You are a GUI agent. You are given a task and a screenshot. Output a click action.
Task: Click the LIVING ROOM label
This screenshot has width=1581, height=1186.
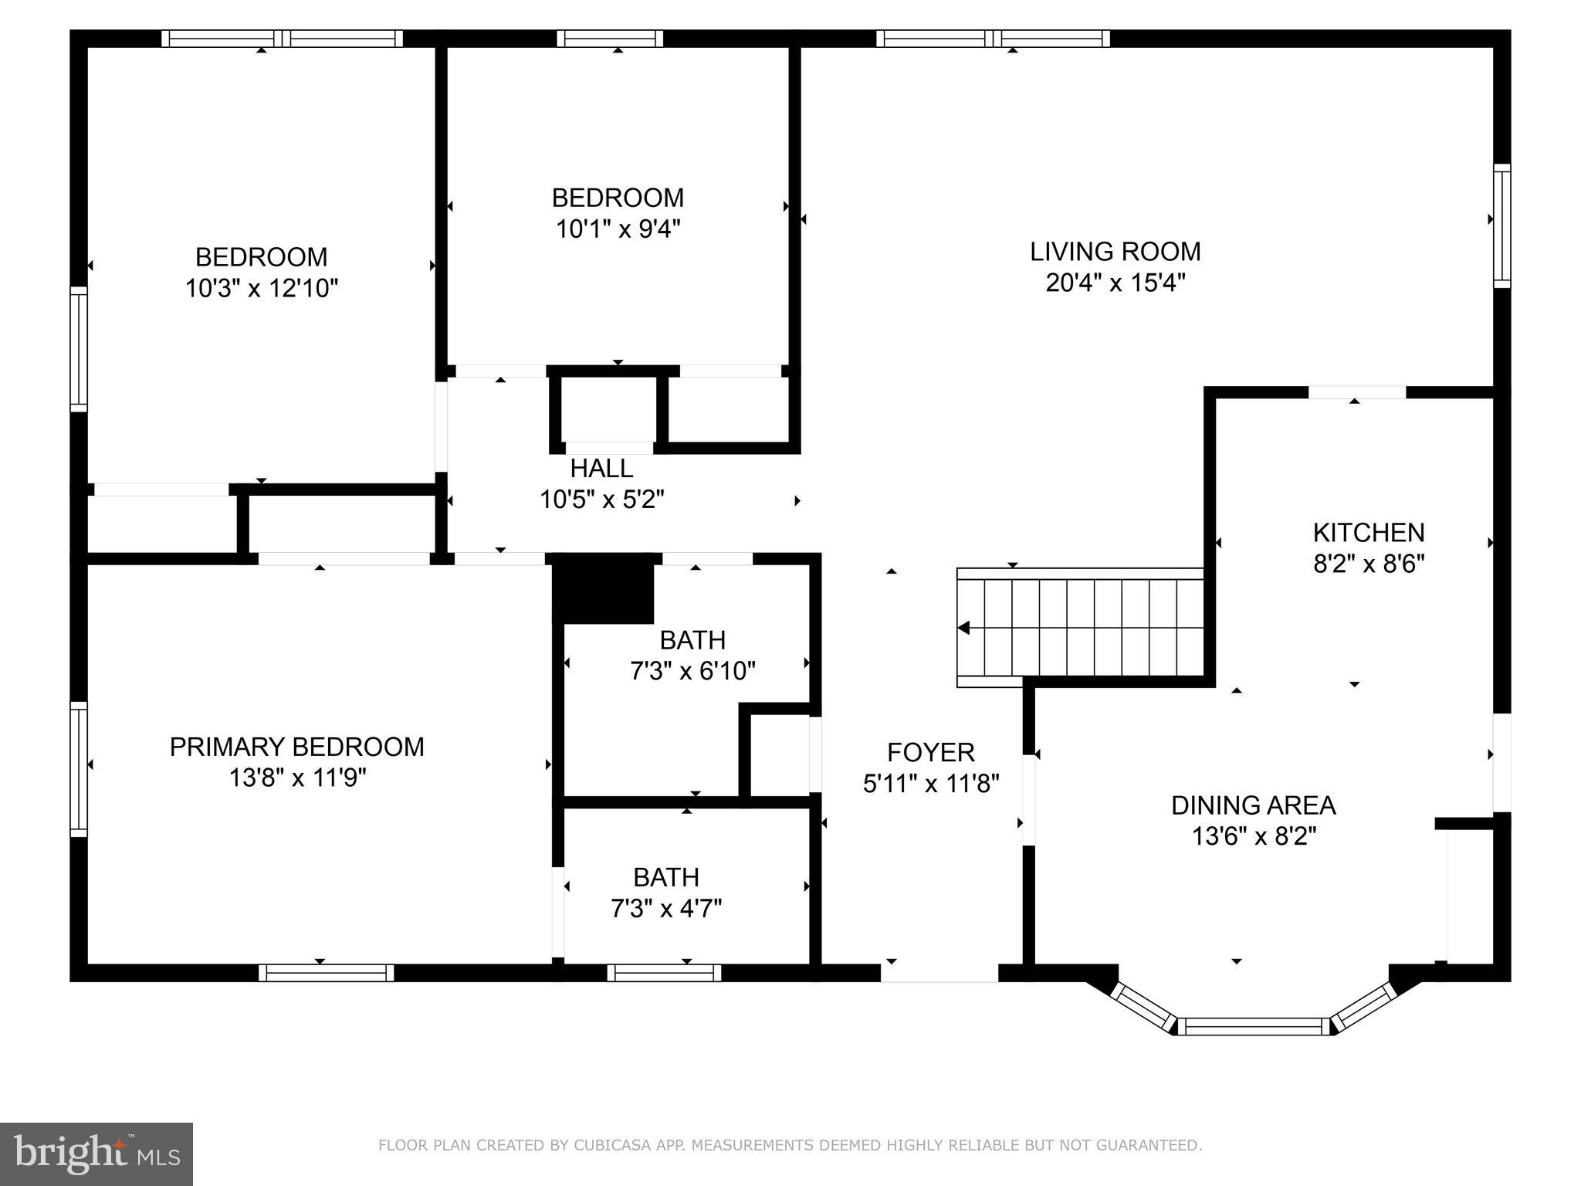(1115, 252)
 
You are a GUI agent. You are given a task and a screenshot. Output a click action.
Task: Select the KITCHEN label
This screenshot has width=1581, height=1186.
(1368, 533)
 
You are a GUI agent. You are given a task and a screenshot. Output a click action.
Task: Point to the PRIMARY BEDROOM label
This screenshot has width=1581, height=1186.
(296, 747)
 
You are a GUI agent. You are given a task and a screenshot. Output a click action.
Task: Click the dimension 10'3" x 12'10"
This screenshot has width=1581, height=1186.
(261, 289)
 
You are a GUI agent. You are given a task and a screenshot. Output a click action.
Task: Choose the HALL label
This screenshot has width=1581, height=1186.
(601, 468)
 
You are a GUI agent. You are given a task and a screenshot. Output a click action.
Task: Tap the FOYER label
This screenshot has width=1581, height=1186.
(930, 752)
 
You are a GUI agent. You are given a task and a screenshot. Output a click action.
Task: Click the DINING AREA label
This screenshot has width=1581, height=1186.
(1253, 805)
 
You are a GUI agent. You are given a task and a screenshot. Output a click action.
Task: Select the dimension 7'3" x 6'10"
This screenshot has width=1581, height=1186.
(692, 671)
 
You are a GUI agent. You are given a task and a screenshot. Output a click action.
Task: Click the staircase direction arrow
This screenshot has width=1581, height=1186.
(963, 628)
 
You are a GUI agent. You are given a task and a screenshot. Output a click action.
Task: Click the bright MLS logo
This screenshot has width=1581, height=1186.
(96, 1154)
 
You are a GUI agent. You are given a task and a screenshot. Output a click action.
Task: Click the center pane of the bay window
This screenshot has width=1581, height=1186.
(1253, 1026)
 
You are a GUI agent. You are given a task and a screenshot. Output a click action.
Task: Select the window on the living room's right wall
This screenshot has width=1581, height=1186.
(1501, 225)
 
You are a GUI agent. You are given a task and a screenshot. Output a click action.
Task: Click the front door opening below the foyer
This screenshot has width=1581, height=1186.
(939, 974)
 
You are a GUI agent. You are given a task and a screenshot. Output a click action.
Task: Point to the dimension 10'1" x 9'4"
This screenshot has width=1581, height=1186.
(618, 229)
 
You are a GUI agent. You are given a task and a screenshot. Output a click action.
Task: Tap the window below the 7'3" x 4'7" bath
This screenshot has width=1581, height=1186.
(664, 973)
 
